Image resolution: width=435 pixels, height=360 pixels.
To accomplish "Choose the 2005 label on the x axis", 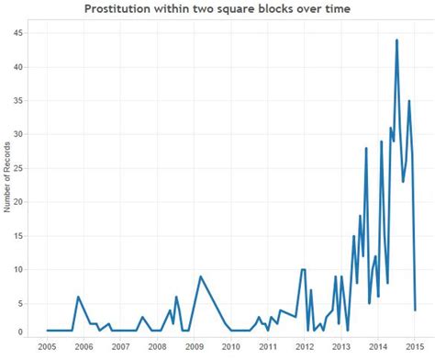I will click(47, 347).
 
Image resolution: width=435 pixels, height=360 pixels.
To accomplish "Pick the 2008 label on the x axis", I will click(157, 347).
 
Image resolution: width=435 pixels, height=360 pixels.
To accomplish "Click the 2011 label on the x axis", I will click(267, 347).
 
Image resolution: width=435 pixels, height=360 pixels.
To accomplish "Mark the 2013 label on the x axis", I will click(340, 347).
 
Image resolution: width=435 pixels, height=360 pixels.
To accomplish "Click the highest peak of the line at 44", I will click(396, 40).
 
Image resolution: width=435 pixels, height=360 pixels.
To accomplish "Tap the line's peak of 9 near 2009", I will click(200, 276).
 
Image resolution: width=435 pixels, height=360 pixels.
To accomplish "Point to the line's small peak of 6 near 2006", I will click(78, 297).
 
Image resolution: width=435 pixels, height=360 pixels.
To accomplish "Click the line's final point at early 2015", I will click(415, 309).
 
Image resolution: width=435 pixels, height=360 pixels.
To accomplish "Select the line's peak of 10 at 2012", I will click(303, 270).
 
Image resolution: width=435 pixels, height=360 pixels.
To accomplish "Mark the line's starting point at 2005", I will click(47, 331).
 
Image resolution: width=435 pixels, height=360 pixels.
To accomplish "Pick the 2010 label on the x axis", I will click(230, 347).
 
